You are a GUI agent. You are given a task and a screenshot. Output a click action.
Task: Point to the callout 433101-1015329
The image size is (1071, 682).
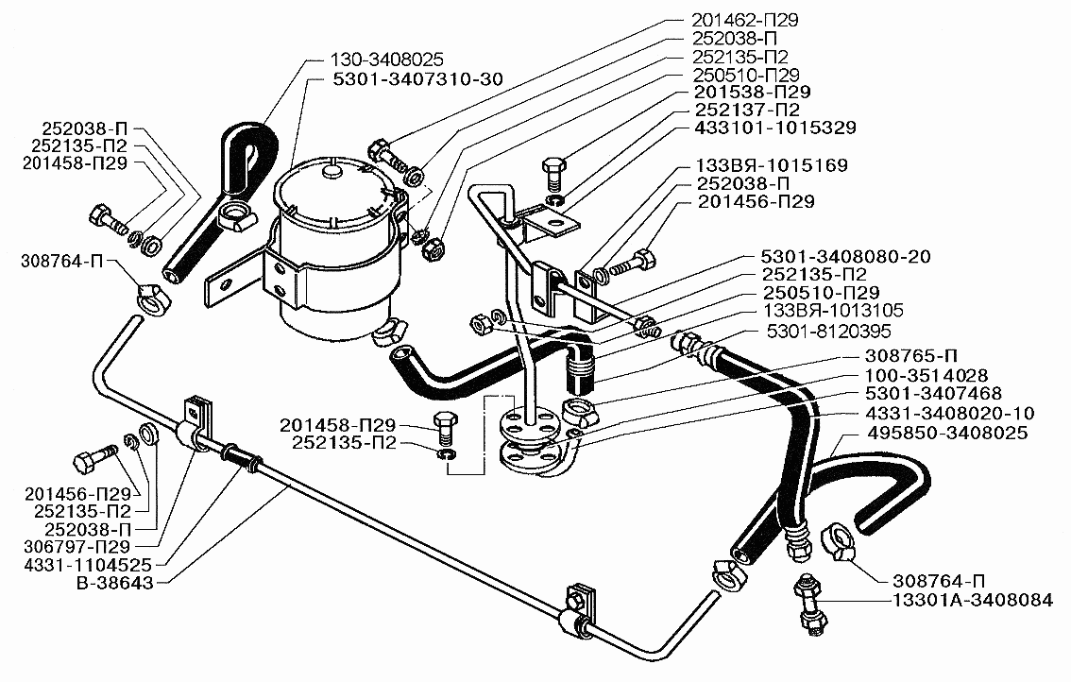777,128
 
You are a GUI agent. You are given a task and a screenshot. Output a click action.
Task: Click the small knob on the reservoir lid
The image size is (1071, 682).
330,172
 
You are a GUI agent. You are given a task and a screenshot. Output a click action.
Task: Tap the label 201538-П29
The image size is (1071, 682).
749,93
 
